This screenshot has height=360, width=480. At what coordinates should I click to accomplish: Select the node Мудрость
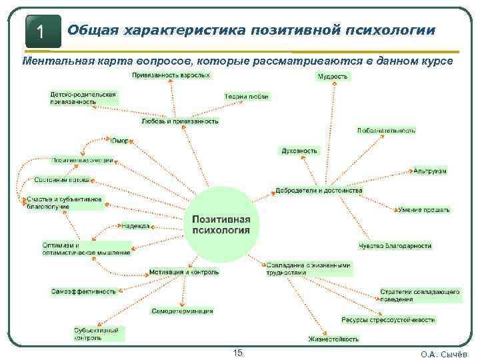[x=332, y=77]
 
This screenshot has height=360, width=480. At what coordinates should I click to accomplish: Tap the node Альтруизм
[x=429, y=171]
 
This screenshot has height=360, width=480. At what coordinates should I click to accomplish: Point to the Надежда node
[x=135, y=226]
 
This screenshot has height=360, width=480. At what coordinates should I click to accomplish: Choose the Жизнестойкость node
[x=333, y=339]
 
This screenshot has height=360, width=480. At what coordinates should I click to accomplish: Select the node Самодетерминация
[x=182, y=311]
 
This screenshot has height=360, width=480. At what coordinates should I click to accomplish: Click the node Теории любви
[x=246, y=96]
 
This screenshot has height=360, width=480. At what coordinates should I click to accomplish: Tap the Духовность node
[x=299, y=151]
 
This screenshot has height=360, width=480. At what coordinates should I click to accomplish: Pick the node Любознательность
[x=385, y=131]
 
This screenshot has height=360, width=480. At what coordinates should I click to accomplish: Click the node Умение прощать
[x=423, y=210]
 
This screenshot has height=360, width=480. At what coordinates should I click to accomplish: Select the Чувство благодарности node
[x=395, y=246]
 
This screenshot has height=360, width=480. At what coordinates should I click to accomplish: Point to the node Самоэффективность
[x=83, y=291]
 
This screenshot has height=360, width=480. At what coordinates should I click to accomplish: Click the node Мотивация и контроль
[x=183, y=272]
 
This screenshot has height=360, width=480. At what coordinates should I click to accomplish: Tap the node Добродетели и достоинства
[x=319, y=191]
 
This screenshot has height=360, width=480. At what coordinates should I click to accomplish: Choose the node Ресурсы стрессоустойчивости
[x=388, y=320]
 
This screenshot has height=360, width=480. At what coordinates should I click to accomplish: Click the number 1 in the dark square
[x=41, y=31]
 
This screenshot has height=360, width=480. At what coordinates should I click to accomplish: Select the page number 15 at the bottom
[x=237, y=353]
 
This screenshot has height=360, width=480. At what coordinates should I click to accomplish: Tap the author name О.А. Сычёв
[x=444, y=354]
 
